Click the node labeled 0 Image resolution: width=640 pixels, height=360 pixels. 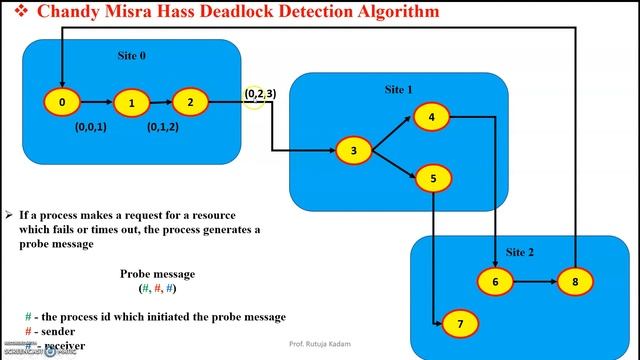tap(62, 102)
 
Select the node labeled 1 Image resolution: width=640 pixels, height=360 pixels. tap(131, 103)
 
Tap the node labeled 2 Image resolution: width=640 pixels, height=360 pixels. tap(190, 102)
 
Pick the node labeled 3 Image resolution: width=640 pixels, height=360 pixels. tap(353, 151)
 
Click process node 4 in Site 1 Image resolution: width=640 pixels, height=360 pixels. tap(431, 117)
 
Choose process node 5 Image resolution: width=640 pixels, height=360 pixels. tap(432, 179)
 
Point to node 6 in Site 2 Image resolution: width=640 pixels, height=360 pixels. tap(493, 282)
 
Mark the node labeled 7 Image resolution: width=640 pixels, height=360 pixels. tap(460, 325)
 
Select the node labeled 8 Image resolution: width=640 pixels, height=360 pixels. tap(575, 282)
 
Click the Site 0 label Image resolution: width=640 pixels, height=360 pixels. tap(132, 56)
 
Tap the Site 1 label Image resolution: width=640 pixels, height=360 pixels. tap(399, 90)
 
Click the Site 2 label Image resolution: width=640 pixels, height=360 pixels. tap(520, 252)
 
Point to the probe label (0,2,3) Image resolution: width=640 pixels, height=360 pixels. tap(260, 94)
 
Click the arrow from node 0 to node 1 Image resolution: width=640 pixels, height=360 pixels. tap(96, 102)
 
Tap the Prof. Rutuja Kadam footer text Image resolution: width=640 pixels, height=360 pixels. tap(321, 345)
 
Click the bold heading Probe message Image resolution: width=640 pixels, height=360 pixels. tap(158, 273)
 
